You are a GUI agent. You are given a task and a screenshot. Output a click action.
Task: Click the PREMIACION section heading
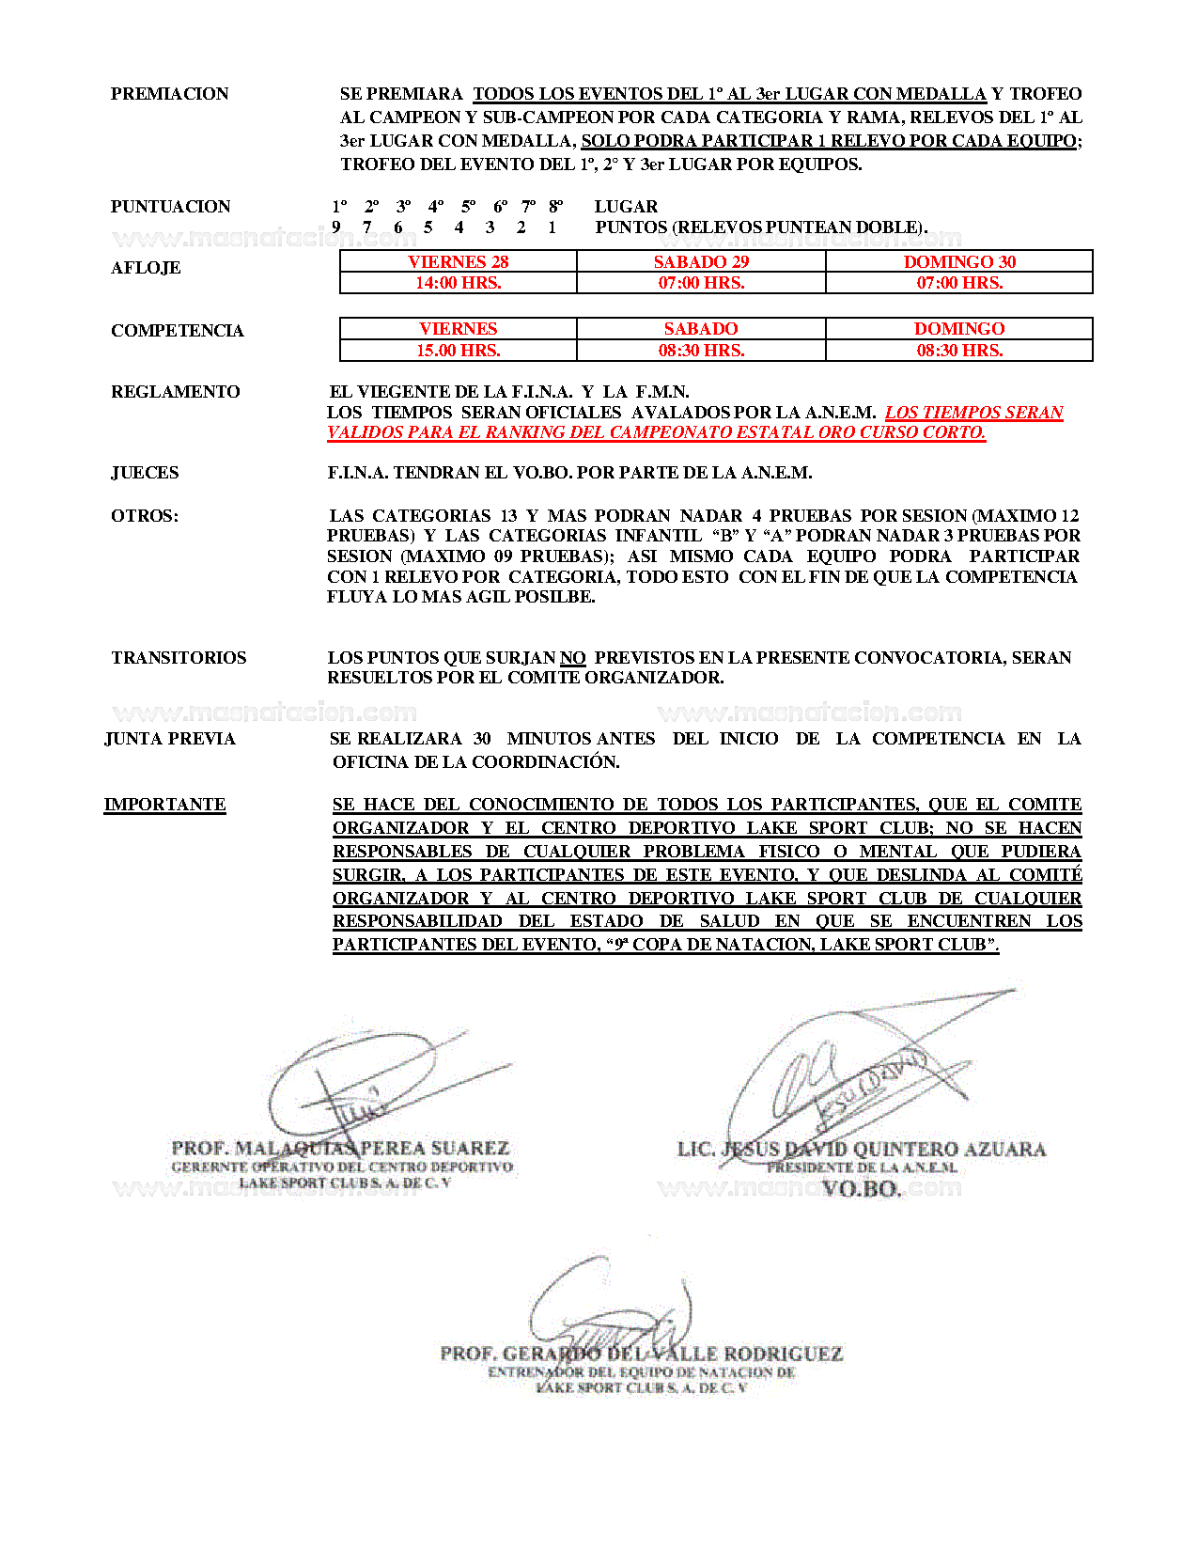coord(169,94)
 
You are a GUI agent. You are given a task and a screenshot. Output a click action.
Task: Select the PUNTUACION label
coord(170,207)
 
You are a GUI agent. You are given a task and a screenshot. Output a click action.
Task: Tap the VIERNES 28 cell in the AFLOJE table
coord(459,262)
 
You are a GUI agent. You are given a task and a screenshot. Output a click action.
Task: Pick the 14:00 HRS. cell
coord(459,283)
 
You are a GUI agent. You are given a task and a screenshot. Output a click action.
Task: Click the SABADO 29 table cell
coord(701,262)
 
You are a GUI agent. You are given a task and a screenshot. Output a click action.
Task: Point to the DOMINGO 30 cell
coord(959,262)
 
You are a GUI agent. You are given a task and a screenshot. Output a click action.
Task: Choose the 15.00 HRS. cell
coord(459,351)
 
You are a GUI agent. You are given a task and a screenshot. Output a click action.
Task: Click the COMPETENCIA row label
coord(177,331)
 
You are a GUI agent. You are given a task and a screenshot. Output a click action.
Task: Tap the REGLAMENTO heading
coord(175,392)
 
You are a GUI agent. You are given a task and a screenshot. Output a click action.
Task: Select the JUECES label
coord(145,473)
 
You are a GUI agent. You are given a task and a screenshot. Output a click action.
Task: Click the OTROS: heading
coord(145,516)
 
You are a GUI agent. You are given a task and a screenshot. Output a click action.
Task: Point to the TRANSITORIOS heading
coord(179,658)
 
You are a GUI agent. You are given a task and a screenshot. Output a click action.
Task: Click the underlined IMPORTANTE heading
coord(164,805)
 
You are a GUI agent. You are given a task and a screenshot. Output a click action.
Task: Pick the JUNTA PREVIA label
coord(170,739)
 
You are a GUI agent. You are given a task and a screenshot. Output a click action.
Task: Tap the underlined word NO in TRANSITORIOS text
coord(573,658)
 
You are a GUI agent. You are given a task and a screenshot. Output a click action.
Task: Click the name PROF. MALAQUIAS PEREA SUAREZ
coord(340,1149)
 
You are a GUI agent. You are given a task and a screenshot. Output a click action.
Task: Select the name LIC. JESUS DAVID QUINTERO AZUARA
coord(862,1150)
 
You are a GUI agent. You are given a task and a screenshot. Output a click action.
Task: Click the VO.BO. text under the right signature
coord(862,1189)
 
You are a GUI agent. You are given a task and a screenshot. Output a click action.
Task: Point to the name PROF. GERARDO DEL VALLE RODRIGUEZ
coord(642,1355)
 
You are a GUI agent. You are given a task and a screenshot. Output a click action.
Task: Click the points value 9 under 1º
coord(336,227)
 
